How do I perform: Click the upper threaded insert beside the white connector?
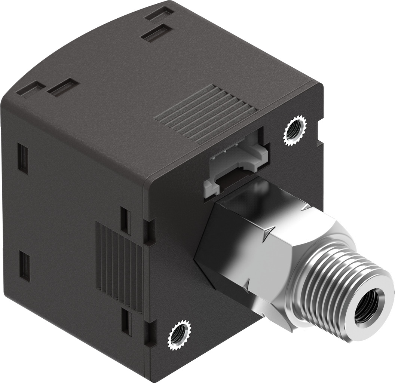295,131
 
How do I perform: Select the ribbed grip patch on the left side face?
119,265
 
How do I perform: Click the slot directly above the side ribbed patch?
126,221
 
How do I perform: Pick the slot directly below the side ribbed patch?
127,322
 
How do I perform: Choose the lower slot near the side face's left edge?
25,266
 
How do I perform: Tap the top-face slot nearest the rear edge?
159,14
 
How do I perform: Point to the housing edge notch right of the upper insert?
319,142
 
